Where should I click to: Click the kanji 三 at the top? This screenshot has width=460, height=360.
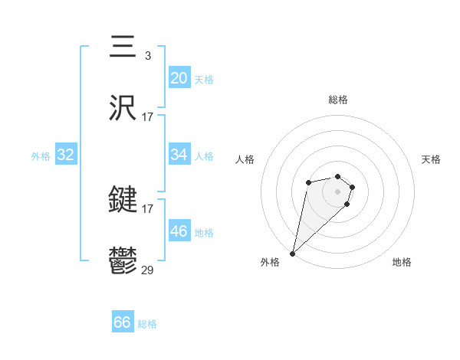[x=123, y=45]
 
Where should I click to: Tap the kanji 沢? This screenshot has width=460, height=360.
[x=123, y=108]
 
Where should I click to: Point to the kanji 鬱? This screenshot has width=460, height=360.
[x=123, y=262]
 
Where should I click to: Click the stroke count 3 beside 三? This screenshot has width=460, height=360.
[x=147, y=55]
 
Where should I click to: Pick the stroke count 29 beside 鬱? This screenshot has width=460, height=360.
[x=147, y=270]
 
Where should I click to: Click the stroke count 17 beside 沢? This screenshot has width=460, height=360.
[x=147, y=117]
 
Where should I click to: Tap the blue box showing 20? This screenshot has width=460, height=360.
[x=179, y=77]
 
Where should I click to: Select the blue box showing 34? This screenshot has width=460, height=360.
[x=179, y=155]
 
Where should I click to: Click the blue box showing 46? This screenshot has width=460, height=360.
[x=179, y=231]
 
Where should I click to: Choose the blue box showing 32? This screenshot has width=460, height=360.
[x=65, y=155]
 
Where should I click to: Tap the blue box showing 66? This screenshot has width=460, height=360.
[x=123, y=322]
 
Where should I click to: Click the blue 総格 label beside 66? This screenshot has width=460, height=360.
[x=147, y=324]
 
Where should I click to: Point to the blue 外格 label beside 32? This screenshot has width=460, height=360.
[x=41, y=155]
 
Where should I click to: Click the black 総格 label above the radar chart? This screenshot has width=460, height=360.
[x=337, y=100]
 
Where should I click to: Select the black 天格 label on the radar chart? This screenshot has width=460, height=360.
[x=431, y=159]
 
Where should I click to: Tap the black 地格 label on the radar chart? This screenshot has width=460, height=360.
[x=402, y=262]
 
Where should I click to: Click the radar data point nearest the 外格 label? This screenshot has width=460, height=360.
[x=293, y=253]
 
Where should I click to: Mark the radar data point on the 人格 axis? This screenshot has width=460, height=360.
[x=307, y=182]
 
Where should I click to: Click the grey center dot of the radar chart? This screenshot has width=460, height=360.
[x=337, y=191]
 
